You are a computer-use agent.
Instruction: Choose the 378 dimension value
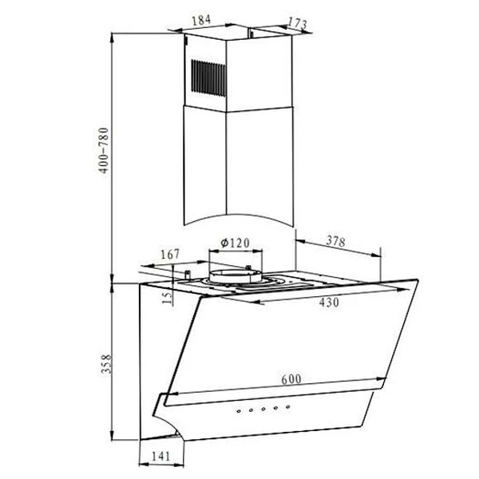point(337,240)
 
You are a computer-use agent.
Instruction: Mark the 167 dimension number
point(168,255)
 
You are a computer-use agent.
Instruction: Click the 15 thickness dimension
point(167,298)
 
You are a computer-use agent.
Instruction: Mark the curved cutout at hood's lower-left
point(168,422)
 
